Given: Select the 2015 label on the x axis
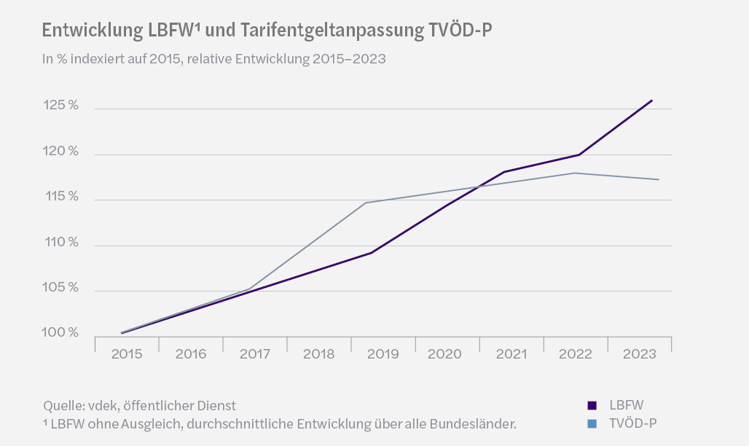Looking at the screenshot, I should [x=127, y=354].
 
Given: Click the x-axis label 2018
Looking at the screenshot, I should [x=318, y=354].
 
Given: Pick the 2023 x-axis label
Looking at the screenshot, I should [x=639, y=354].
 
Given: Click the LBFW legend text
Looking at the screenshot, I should [x=626, y=405].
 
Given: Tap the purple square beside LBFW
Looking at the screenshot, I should [x=592, y=405].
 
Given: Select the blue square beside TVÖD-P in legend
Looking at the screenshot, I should [x=592, y=423].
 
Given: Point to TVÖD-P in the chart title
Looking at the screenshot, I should [x=467, y=31].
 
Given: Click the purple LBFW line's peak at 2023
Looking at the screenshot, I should [x=651, y=101].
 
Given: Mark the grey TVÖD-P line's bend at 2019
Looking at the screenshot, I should [x=365, y=203].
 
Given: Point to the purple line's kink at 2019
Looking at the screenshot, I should [x=371, y=253].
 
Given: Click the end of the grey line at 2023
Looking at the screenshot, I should [x=659, y=179].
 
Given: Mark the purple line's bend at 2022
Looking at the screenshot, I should [x=579, y=154].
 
